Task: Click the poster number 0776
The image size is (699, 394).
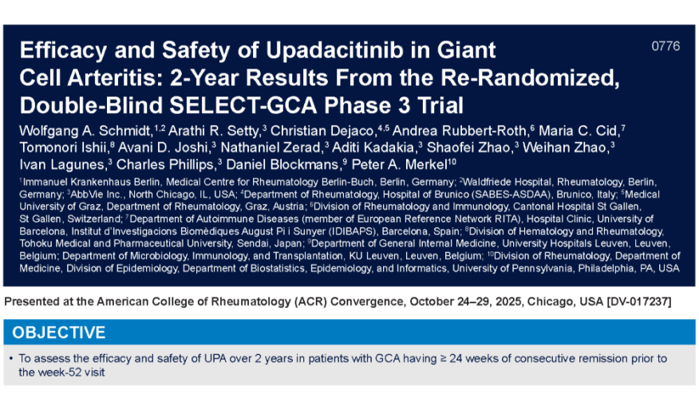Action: (665, 46)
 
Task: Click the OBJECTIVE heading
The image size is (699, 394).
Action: (58, 332)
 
